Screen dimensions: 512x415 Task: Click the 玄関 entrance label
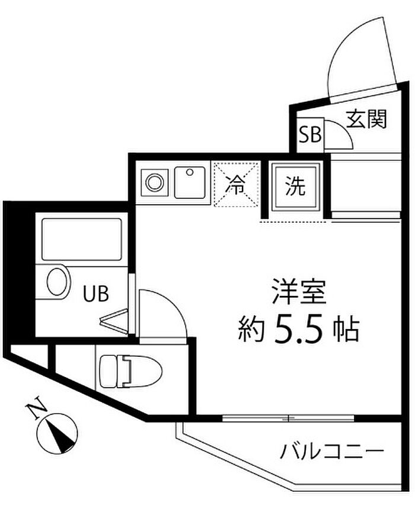[x=366, y=120]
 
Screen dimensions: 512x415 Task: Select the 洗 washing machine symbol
[x=296, y=188]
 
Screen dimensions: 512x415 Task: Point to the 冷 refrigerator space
[x=237, y=185]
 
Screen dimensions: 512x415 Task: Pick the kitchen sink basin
[x=190, y=182]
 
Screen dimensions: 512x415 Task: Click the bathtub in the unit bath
[x=82, y=238]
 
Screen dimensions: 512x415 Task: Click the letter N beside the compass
[x=37, y=410]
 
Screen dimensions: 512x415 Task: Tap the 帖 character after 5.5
[x=346, y=330]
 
